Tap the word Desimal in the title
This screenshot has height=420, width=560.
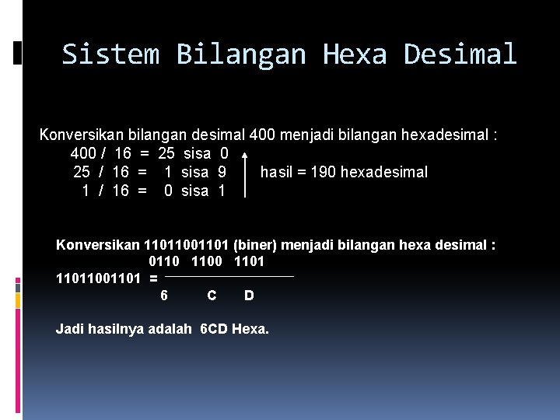(460, 54)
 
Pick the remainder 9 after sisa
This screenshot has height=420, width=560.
(222, 172)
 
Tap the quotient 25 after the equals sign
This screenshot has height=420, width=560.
(166, 153)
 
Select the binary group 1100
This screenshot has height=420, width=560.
(207, 261)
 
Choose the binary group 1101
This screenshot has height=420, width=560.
(249, 261)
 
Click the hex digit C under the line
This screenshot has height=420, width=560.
(212, 296)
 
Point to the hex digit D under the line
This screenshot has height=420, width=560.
(249, 296)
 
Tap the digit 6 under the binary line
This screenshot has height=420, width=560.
(163, 296)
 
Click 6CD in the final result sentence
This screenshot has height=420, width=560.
(214, 329)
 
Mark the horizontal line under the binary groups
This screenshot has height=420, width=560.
(229, 276)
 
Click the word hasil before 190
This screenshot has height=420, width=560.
(275, 172)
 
